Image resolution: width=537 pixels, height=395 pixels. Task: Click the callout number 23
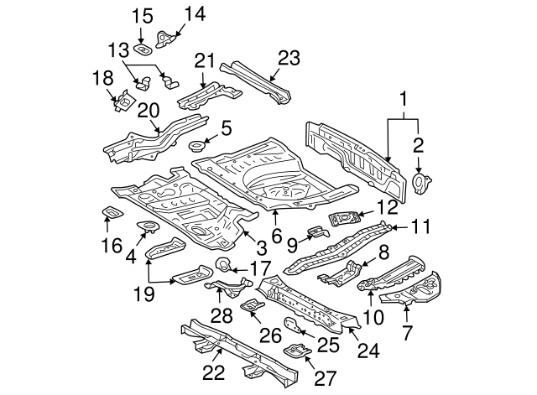pos(288,58)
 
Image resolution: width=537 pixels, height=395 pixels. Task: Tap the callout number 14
pos(195,13)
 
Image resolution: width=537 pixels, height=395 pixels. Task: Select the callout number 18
pos(102,78)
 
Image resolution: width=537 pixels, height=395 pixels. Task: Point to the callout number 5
pos(226,128)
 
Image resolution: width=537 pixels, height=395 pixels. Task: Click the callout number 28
pos(221,315)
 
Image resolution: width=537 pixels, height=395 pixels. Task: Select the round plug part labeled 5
pos(200,147)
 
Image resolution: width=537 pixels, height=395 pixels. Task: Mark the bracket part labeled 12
pos(344,220)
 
